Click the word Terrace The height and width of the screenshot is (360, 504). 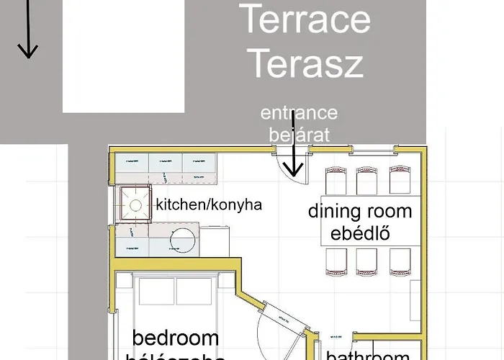point(305,19)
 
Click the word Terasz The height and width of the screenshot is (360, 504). point(305,63)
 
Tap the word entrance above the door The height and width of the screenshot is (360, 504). point(299,113)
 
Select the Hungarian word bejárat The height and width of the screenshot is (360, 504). point(299,134)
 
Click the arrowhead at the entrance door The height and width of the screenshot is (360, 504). point(293,170)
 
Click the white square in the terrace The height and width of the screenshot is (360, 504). point(123,56)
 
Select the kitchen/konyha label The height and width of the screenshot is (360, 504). point(209,204)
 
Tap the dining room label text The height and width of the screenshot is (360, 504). point(360,211)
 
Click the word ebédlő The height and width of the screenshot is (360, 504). point(360,234)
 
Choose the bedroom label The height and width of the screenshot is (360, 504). point(176,338)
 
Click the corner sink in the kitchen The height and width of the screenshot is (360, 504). point(133,204)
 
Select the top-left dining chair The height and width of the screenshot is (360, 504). point(336,181)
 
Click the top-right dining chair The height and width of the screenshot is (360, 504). point(400,181)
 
